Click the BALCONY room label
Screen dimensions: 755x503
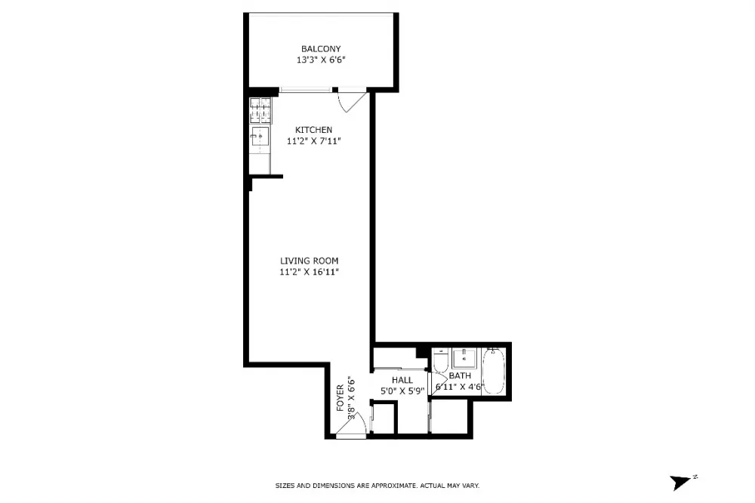(321, 48)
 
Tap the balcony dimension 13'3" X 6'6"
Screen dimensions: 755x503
(321, 60)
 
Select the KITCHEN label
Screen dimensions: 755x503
(313, 130)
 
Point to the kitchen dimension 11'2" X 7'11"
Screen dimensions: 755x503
(313, 141)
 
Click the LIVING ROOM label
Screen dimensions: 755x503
(309, 261)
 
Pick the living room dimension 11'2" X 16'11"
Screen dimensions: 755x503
(309, 272)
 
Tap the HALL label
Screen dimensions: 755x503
(402, 380)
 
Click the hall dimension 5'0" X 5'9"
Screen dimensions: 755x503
(402, 391)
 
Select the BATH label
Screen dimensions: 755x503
(460, 376)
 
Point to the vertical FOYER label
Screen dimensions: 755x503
(341, 397)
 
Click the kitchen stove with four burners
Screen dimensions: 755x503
(260, 110)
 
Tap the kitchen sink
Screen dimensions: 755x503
(260, 137)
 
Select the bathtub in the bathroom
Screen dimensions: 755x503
(494, 371)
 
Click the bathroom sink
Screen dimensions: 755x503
(464, 359)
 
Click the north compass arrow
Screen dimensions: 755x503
(680, 482)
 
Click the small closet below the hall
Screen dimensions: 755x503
(384, 418)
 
